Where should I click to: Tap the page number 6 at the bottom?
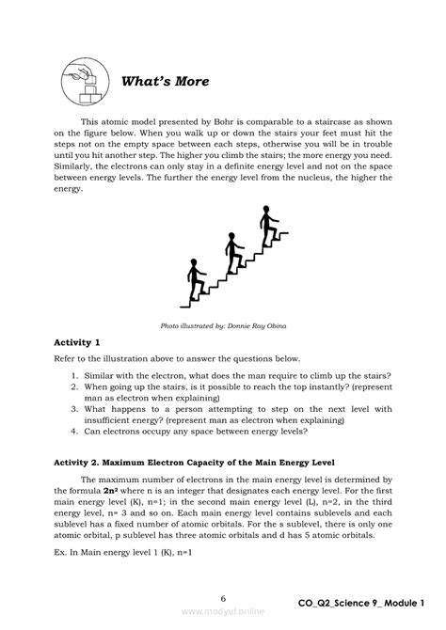(x=223, y=599)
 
